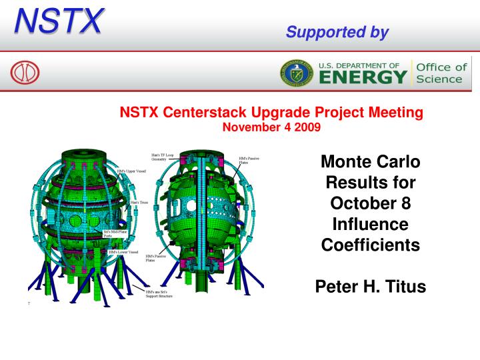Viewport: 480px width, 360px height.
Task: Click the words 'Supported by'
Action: (337, 32)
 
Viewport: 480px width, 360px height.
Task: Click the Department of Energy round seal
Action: (295, 73)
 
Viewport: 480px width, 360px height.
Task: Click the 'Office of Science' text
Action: (442, 73)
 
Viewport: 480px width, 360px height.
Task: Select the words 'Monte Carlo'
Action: (370, 161)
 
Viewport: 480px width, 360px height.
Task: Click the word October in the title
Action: (370, 203)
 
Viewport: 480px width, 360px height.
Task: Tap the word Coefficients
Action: (370, 245)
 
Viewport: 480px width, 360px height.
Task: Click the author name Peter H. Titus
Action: (370, 287)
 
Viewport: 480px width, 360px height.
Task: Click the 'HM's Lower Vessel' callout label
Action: (123, 253)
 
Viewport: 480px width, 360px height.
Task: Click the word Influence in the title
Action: (370, 224)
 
